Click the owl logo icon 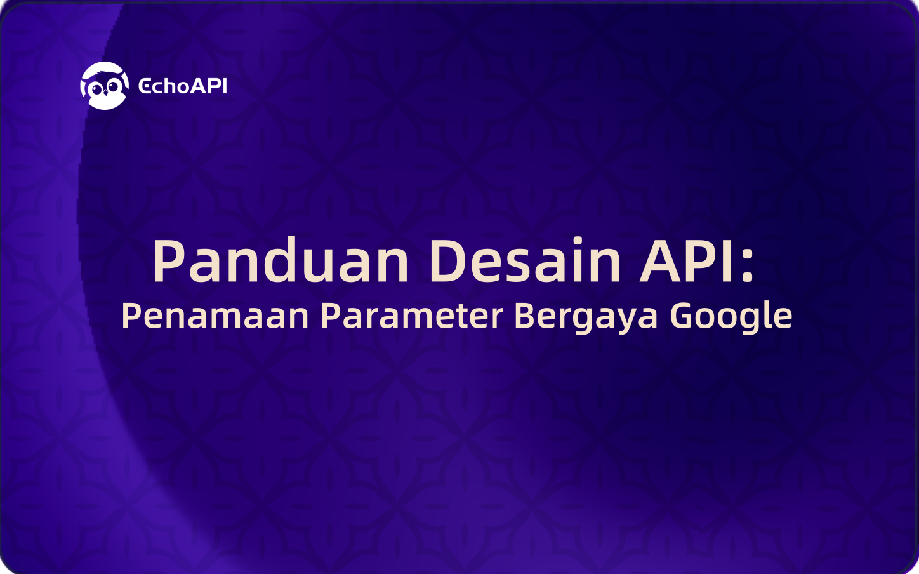(x=104, y=86)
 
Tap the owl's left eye (x=96, y=88)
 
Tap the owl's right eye (x=113, y=87)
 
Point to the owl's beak (x=105, y=94)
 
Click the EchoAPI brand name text (x=183, y=86)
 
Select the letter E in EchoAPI (x=144, y=86)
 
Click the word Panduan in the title (x=281, y=261)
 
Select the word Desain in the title (x=525, y=261)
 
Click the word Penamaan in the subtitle (x=215, y=316)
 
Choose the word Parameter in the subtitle (x=411, y=316)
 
